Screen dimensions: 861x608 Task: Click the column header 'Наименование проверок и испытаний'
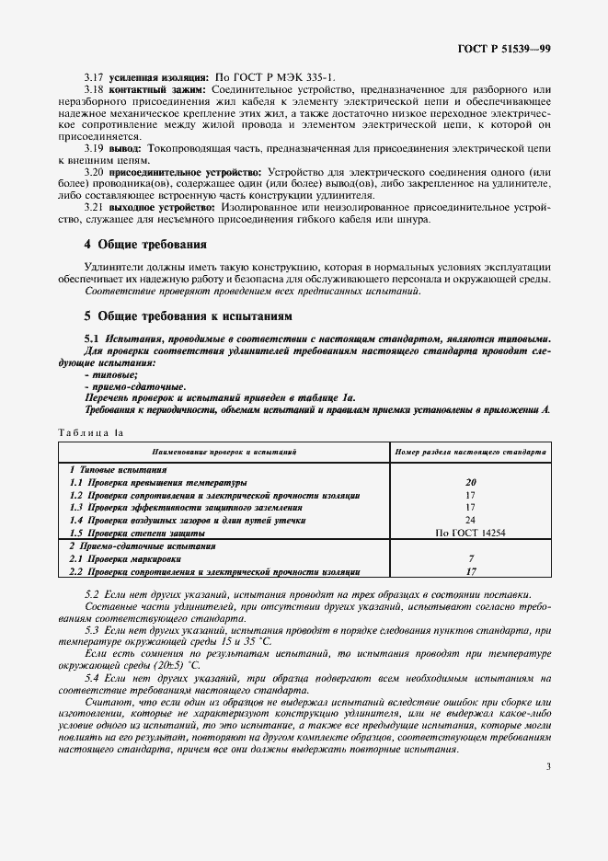click(x=224, y=453)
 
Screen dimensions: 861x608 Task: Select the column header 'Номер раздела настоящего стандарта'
click(x=470, y=453)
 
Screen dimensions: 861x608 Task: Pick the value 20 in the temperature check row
click(x=470, y=482)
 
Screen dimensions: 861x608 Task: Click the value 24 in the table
click(x=470, y=520)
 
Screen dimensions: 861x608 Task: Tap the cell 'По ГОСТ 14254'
click(x=470, y=533)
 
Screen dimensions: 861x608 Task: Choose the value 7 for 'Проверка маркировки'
click(x=470, y=558)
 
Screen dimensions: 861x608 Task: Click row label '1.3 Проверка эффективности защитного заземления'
click(x=187, y=507)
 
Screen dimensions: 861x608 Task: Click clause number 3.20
click(x=93, y=172)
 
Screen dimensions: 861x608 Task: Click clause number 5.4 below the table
click(x=93, y=677)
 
